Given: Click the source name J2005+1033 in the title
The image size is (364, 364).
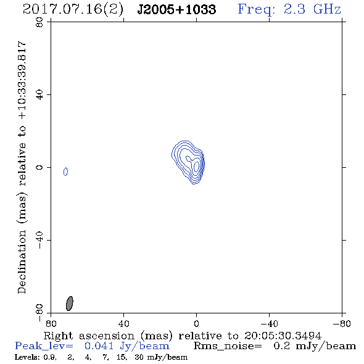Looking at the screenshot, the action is [176, 10].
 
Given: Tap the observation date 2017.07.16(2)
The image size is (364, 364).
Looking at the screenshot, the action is [73, 10].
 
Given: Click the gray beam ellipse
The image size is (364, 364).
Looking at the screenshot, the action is [70, 304].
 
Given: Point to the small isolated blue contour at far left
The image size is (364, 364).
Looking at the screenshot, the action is [65, 172].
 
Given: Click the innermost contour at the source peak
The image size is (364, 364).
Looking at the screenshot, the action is [196, 167].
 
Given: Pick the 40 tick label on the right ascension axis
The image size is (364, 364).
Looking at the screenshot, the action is [123, 323].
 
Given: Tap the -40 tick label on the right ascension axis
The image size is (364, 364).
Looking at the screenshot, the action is [269, 323].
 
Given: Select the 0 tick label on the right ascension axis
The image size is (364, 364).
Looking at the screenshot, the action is [196, 323].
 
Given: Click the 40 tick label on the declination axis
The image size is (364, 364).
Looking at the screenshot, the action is [39, 95].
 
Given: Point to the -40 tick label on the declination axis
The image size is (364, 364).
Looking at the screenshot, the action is [39, 240].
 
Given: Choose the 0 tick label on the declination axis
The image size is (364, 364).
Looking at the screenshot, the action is [39, 167].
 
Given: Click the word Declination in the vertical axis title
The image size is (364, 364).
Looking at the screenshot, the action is [22, 262].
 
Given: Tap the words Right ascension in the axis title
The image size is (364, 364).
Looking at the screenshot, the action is [89, 336].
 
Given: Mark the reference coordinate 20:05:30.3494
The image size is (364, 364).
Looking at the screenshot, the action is [283, 336].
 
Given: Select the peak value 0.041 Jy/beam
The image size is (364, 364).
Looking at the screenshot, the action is [127, 346].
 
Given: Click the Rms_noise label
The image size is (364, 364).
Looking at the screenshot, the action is [228, 346].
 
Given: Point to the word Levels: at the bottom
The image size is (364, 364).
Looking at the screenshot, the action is [27, 357].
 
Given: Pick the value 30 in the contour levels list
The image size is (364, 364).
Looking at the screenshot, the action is [139, 357].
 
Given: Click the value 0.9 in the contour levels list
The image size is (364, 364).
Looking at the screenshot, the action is [49, 357].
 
